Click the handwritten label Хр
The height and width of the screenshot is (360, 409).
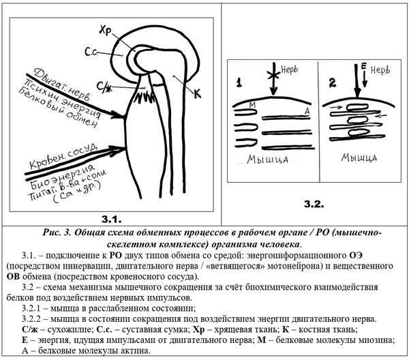point(105,31)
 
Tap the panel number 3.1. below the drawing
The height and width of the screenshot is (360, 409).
point(112,218)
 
